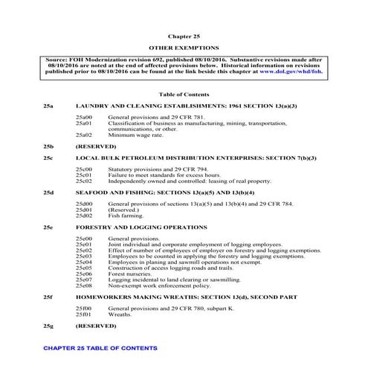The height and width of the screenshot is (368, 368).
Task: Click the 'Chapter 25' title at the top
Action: [x=184, y=35]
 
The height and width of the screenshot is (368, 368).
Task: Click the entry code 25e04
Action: [x=83, y=262]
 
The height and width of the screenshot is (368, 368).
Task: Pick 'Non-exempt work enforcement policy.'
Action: [x=157, y=285]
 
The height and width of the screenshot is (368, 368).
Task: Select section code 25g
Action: [x=49, y=326]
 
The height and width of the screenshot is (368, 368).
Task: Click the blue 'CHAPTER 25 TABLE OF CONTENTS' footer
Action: [x=100, y=348]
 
